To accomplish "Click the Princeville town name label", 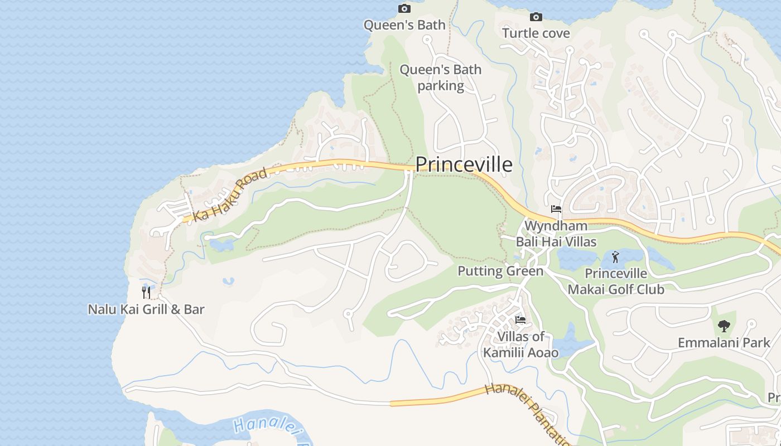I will coord(464,164).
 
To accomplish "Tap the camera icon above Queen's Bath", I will coord(404,8).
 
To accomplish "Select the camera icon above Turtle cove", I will coord(536,17).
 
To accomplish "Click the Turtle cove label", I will coord(536,33).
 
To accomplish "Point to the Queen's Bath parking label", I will coord(441,77).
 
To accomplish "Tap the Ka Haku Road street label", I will coord(230,195).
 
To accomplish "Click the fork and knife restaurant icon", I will coord(146,293).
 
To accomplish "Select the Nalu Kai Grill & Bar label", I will coord(146,309).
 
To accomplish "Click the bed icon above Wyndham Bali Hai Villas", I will coord(556,209).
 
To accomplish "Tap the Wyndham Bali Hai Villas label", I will coord(556,234).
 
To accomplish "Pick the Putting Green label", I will coord(500,272).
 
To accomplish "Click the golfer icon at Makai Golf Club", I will coord(615,257).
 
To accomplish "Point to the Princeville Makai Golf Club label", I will coord(616,282).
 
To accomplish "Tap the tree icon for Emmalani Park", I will coord(724,326).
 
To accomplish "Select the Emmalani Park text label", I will coord(724,342).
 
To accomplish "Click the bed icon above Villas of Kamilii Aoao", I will coord(520,319).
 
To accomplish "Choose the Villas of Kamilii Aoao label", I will coord(520,345).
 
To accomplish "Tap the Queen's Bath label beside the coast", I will coord(404,25).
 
